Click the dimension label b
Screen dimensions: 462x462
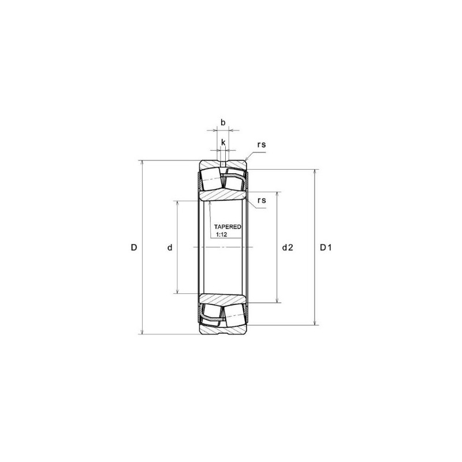click(x=223, y=122)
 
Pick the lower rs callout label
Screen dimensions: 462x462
click(x=262, y=200)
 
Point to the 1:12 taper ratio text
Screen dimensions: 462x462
click(x=221, y=235)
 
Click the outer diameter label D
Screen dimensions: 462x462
click(x=133, y=248)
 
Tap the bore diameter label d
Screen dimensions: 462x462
click(x=170, y=248)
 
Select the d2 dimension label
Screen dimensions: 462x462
click(x=288, y=248)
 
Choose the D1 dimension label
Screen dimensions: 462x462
click(x=326, y=248)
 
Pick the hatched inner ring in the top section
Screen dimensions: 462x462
click(x=224, y=195)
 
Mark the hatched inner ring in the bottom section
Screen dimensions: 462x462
click(x=224, y=300)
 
